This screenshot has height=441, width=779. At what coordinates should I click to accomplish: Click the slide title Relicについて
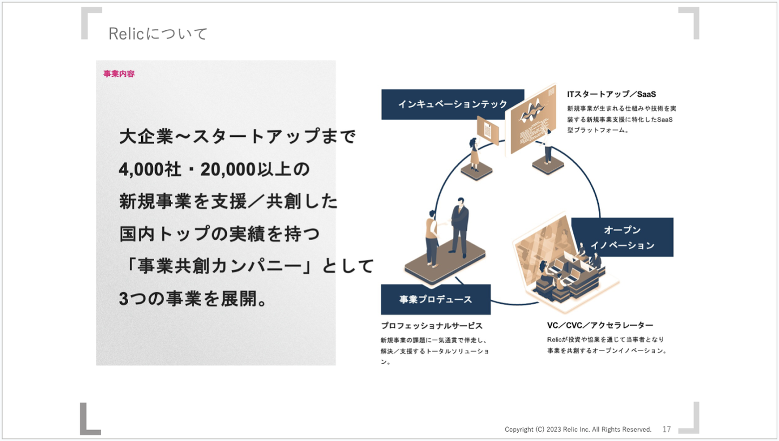pyautogui.click(x=158, y=34)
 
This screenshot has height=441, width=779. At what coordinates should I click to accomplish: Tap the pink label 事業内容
pyautogui.click(x=119, y=74)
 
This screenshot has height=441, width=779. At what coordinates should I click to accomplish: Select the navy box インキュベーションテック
pyautogui.click(x=452, y=104)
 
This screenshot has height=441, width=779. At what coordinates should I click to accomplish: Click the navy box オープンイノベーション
pyautogui.click(x=622, y=238)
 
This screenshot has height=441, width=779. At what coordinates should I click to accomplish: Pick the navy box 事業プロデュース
pyautogui.click(x=435, y=299)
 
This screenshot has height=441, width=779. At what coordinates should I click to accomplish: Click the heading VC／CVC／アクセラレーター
pyautogui.click(x=600, y=325)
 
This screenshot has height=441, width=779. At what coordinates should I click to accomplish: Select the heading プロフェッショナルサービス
pyautogui.click(x=432, y=326)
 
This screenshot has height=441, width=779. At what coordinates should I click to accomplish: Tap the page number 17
pyautogui.click(x=666, y=429)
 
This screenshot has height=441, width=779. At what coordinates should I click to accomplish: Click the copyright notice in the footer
pyautogui.click(x=578, y=429)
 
